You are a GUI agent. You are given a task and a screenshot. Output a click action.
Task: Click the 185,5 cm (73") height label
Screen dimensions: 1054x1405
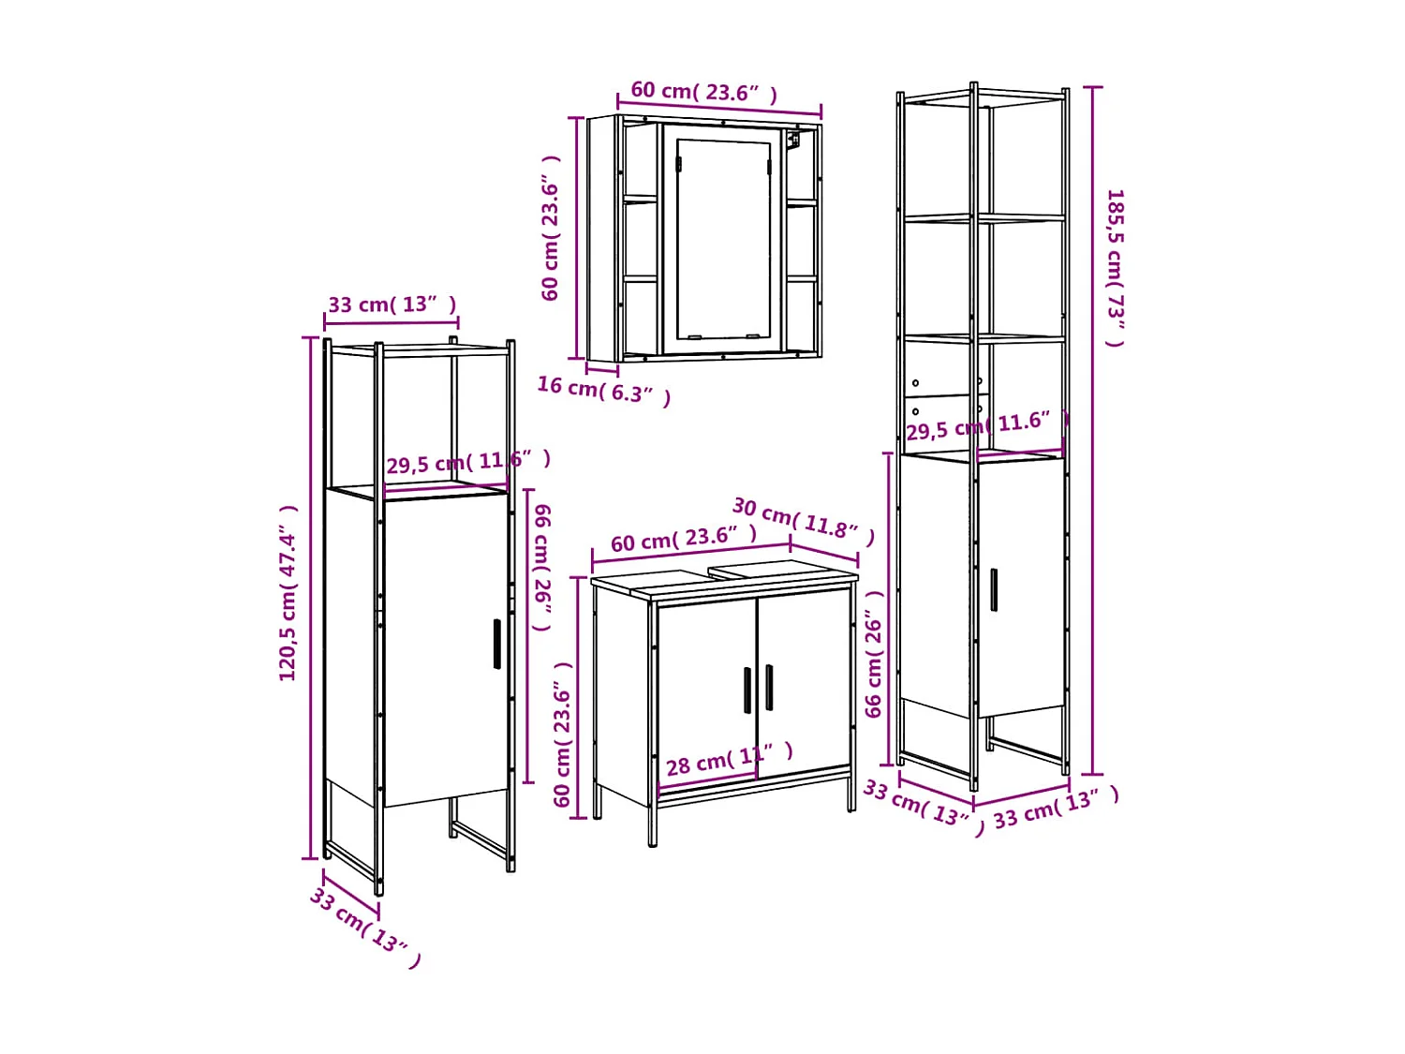pos(1115,267)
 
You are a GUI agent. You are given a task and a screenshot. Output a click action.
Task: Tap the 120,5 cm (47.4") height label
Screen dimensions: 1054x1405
pos(288,593)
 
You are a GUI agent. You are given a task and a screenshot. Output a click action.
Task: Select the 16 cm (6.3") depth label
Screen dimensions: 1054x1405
pos(604,390)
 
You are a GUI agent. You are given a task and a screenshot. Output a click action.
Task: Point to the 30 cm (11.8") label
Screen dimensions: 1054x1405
pos(803,520)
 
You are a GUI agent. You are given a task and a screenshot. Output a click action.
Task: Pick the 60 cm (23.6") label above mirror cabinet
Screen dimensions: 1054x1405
pos(703,92)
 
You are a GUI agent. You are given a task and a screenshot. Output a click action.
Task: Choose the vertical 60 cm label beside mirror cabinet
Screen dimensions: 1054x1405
pos(551,228)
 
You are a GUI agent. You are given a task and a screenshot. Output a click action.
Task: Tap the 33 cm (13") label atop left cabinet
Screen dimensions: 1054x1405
pos(392,304)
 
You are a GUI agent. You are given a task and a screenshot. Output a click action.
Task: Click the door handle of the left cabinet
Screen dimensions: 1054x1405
pos(496,644)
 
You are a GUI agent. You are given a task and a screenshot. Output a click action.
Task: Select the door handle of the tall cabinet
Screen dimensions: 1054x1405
pos(994,589)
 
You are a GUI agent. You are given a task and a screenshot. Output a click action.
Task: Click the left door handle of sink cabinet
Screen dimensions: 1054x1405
pos(747,690)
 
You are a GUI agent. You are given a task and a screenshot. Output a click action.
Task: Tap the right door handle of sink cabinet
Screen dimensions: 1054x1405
pos(769,687)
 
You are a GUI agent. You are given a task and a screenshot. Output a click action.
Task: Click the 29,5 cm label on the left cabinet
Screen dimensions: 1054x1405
pos(467,462)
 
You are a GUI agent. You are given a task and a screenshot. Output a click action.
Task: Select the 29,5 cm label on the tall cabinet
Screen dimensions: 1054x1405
pos(985,425)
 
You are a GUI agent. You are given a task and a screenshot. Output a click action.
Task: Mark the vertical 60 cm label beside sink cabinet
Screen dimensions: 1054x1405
pos(562,734)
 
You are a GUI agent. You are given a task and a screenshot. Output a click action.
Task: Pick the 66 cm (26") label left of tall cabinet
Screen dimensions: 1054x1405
pos(874,653)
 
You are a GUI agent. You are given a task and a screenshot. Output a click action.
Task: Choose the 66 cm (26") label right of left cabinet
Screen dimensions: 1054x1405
pos(542,567)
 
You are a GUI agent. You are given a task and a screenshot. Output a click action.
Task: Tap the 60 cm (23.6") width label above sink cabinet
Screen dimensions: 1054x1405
pos(683,539)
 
